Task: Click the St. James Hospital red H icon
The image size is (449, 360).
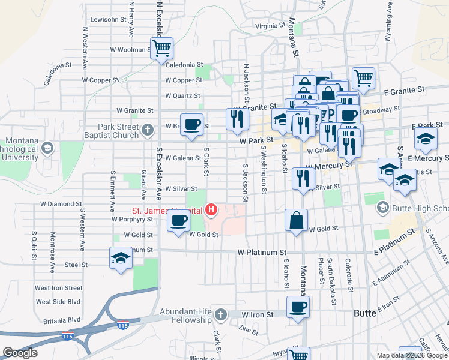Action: click(211, 209)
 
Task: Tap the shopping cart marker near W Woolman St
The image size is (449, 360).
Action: click(162, 47)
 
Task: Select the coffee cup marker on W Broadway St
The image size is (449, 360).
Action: click(191, 125)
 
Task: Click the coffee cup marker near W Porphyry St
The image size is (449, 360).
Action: click(178, 222)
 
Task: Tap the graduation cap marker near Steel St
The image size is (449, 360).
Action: click(121, 259)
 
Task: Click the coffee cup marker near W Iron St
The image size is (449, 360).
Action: click(298, 308)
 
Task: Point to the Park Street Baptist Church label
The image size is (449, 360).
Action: click(119, 131)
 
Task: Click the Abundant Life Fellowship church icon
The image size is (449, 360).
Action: click(220, 314)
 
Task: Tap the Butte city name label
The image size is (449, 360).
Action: click(364, 313)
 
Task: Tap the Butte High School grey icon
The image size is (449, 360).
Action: click(382, 208)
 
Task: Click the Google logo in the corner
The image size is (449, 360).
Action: click(20, 353)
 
